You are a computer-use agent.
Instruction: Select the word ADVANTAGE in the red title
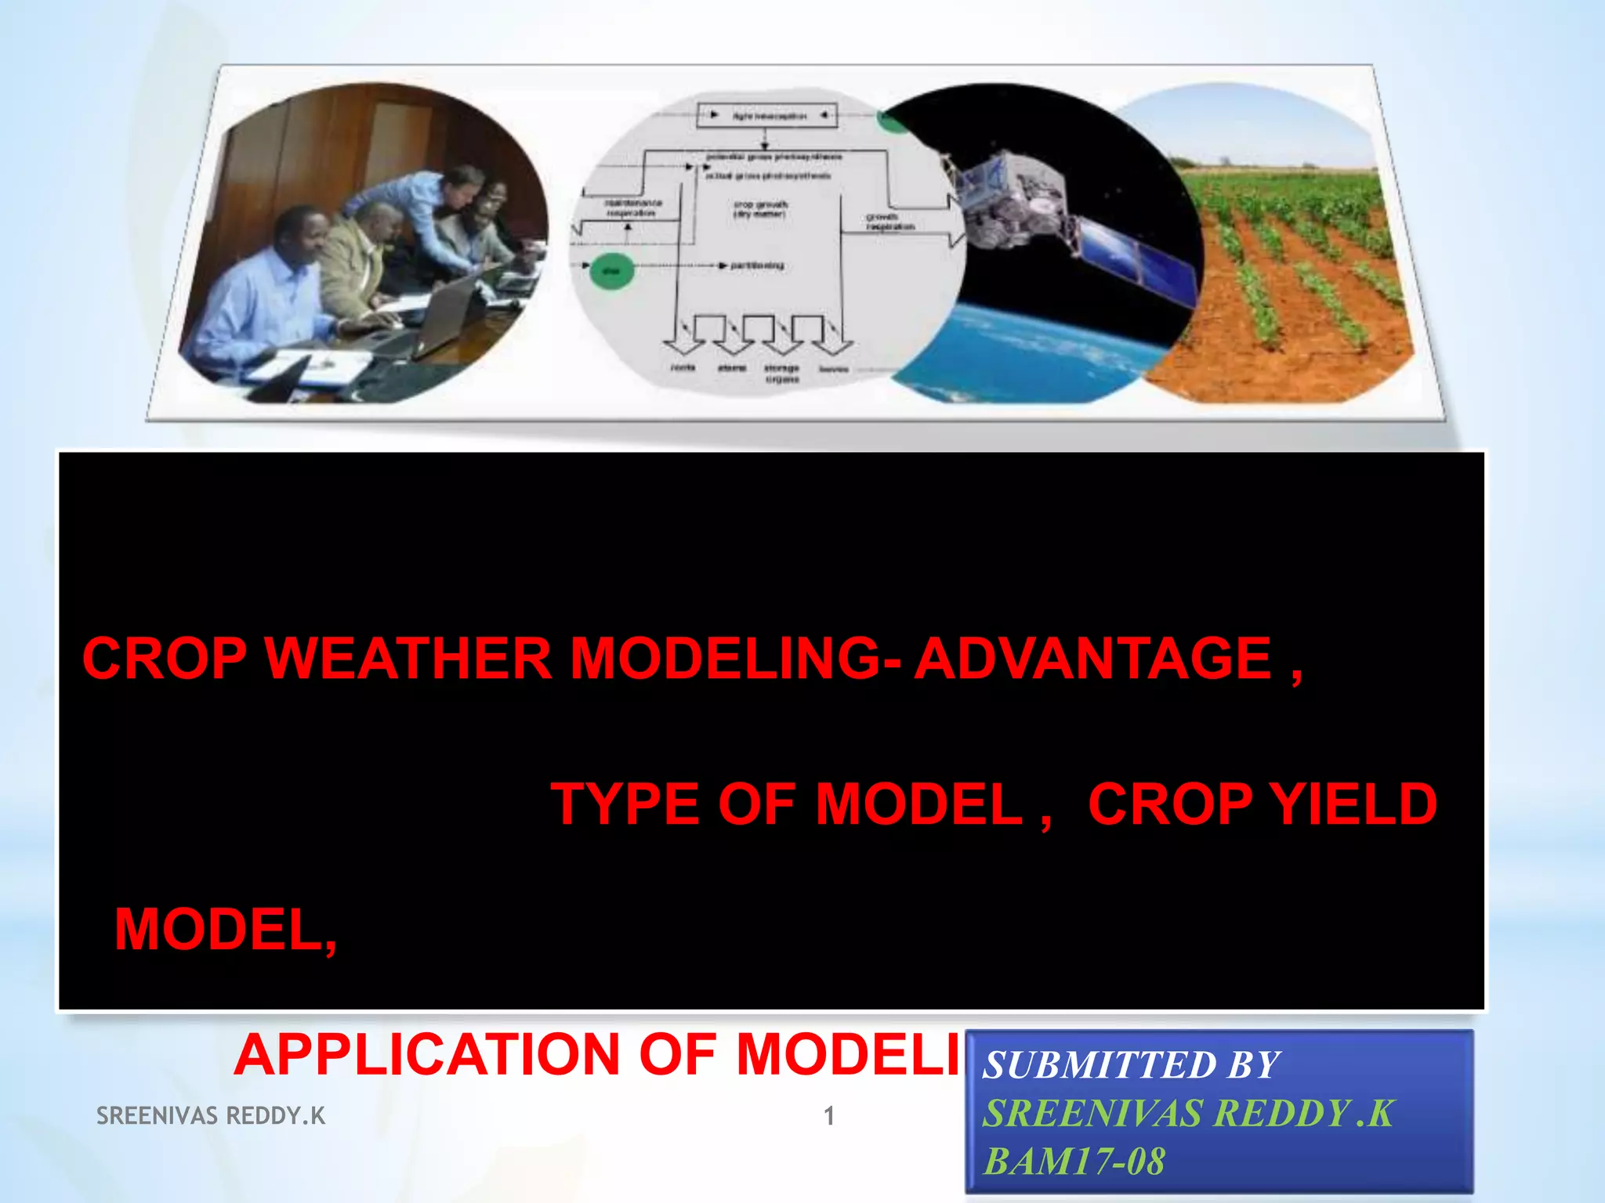(x=1093, y=659)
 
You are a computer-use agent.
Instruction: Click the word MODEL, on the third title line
(x=226, y=930)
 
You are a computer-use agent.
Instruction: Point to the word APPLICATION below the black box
(x=427, y=1054)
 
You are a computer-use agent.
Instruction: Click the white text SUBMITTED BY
(x=1131, y=1065)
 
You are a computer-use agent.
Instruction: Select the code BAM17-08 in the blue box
(x=1074, y=1161)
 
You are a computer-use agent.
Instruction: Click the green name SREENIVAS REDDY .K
(x=1188, y=1113)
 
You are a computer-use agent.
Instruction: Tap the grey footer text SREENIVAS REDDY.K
(x=210, y=1115)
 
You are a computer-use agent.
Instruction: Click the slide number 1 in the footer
(x=828, y=1115)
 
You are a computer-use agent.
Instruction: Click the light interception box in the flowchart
(x=766, y=115)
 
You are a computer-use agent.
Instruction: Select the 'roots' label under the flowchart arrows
(x=683, y=367)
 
